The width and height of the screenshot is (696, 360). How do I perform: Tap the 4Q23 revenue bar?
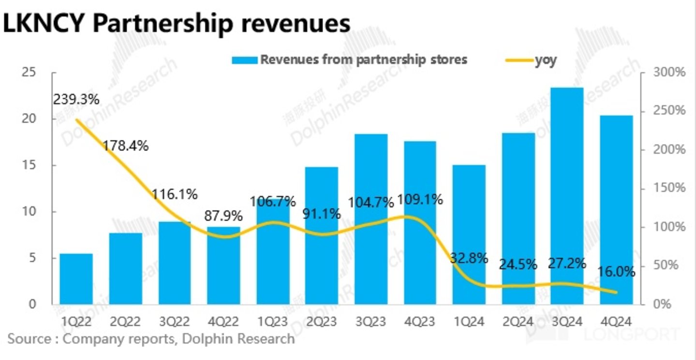[420, 223]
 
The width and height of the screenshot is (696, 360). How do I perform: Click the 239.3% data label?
[76, 100]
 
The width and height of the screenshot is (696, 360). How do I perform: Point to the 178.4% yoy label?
[125, 145]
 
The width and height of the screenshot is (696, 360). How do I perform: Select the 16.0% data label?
[616, 271]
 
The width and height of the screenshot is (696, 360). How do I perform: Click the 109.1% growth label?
[419, 199]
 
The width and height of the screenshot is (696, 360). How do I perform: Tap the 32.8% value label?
[468, 258]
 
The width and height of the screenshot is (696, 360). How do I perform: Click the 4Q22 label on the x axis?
[223, 321]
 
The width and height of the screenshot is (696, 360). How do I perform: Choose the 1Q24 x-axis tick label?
[469, 321]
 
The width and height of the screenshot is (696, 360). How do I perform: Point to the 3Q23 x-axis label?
[370, 321]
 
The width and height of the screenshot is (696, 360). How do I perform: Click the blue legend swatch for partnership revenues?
[244, 60]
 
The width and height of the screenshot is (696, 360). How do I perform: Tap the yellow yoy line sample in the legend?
[518, 60]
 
